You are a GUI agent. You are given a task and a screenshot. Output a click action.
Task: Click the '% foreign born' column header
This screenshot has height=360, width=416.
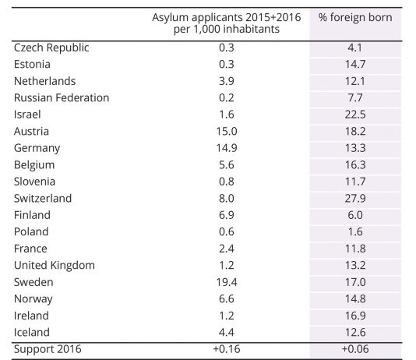coord(355,17)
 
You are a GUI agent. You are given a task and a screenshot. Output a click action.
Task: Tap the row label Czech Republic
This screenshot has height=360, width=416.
coord(51,48)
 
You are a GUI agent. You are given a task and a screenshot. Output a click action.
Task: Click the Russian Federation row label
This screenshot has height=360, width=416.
coord(62,97)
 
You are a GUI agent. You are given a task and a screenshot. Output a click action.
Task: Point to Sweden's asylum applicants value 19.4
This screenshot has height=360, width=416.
coord(227,282)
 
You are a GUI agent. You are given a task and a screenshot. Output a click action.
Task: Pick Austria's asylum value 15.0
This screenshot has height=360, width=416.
coord(227,132)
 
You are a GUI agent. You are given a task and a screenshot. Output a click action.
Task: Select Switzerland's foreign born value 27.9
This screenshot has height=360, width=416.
coord(355,199)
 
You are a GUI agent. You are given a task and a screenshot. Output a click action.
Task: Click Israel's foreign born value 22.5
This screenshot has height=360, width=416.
coord(355,115)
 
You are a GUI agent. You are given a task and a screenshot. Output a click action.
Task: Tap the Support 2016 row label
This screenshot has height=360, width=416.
coord(48,349)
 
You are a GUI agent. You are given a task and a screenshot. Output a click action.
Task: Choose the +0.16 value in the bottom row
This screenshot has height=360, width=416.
coord(227,349)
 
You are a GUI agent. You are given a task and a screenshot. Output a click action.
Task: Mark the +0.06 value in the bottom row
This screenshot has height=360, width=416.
coord(355,349)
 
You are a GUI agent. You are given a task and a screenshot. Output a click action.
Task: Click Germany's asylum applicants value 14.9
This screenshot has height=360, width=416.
coord(227,148)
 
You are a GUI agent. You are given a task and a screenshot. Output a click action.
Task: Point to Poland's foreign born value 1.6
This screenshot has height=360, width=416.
coord(355,232)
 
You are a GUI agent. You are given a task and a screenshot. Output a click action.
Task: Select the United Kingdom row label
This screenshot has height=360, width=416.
coord(55,265)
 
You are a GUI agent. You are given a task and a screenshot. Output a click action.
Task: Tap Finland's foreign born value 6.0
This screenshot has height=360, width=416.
coord(355,215)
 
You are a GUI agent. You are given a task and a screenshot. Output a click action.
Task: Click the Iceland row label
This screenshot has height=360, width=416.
coord(32,333)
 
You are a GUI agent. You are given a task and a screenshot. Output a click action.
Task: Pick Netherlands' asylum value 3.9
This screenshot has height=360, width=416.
coord(227,81)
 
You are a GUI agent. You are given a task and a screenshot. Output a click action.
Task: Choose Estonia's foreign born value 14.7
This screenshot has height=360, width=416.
coord(355,64)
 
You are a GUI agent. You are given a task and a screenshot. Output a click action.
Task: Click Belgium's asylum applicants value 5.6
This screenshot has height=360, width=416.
coord(227,165)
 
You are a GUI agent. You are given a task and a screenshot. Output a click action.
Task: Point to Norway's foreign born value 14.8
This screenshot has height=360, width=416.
coord(355,299)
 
